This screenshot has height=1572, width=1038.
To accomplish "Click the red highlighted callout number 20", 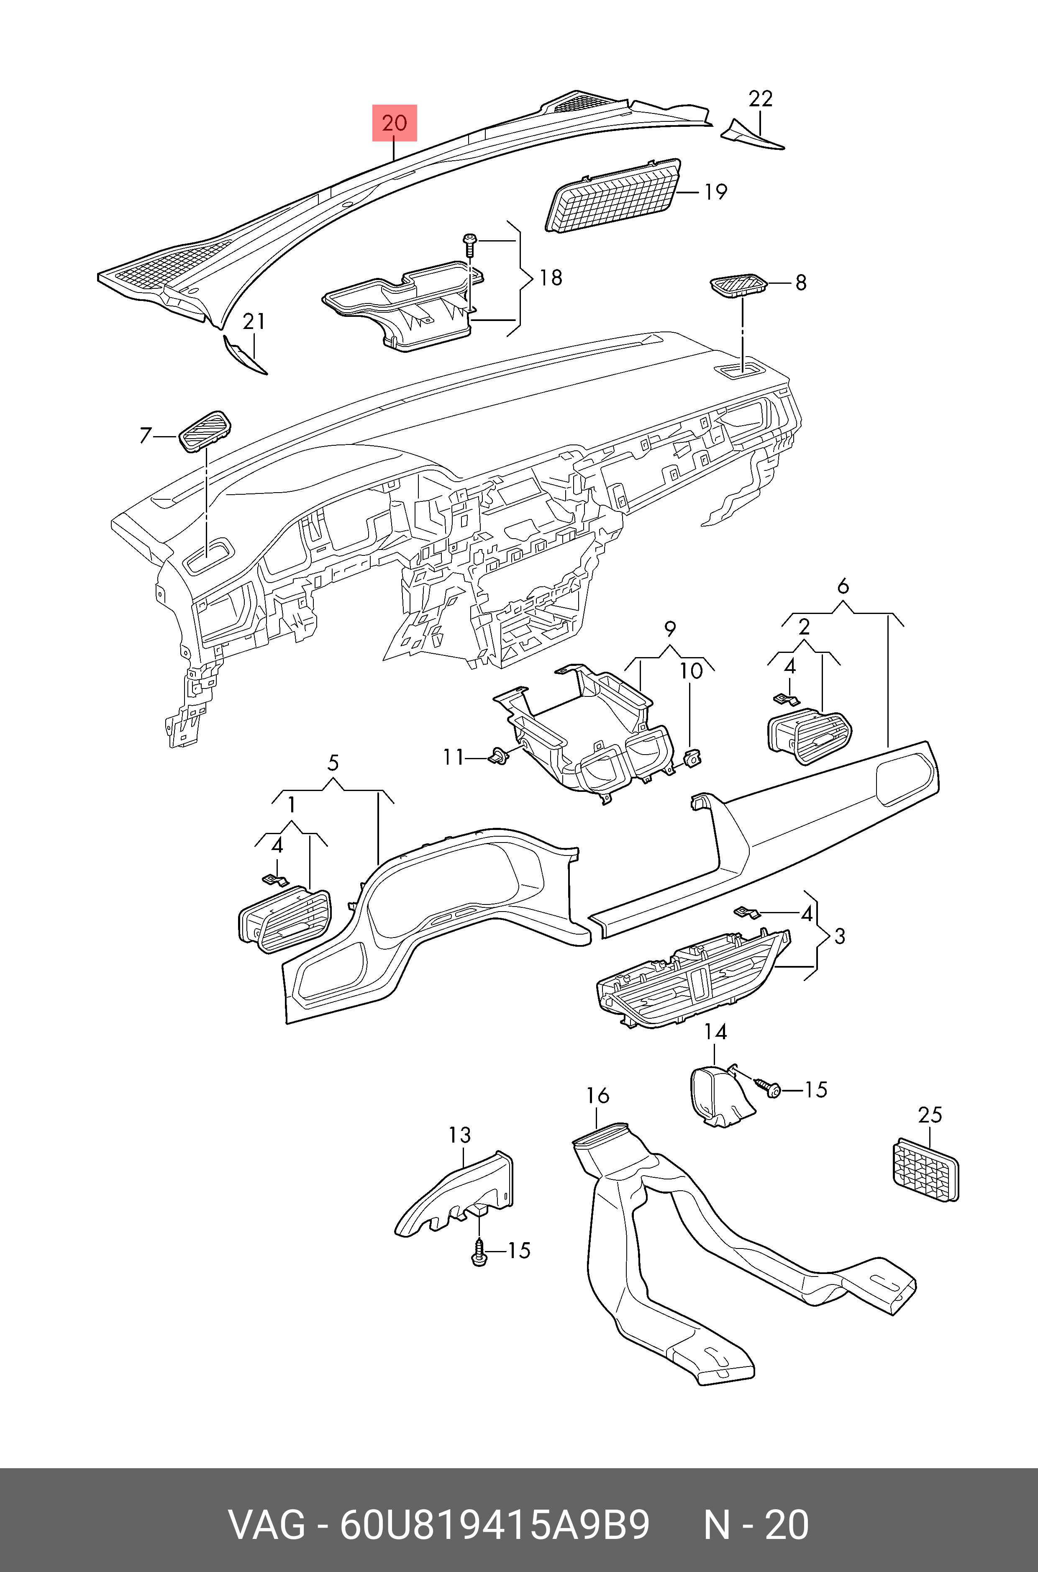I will tap(395, 123).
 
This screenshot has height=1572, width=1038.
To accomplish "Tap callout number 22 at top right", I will tap(761, 99).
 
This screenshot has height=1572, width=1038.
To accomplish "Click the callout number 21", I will tap(254, 322).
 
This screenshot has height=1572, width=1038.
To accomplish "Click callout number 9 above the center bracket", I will tap(670, 628).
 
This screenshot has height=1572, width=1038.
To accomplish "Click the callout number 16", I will tap(597, 1096).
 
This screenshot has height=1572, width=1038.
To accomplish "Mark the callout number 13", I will tap(459, 1135).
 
